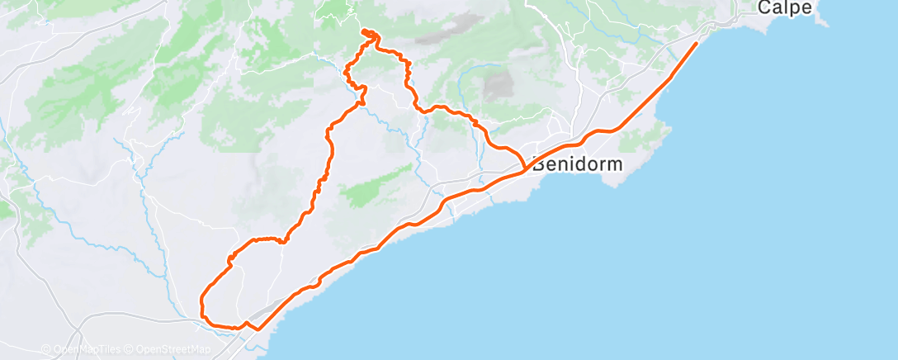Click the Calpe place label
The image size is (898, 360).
click(784, 7)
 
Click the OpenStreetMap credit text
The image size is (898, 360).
click(173, 349)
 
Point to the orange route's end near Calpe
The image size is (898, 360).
click(697, 43)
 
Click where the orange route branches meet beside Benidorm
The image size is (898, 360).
click(524, 167)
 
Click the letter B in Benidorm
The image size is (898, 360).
click(539, 163)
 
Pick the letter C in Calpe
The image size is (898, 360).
click(764, 7)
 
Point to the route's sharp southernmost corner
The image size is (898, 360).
click(258, 329)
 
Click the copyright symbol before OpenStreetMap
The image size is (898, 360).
click(130, 349)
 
